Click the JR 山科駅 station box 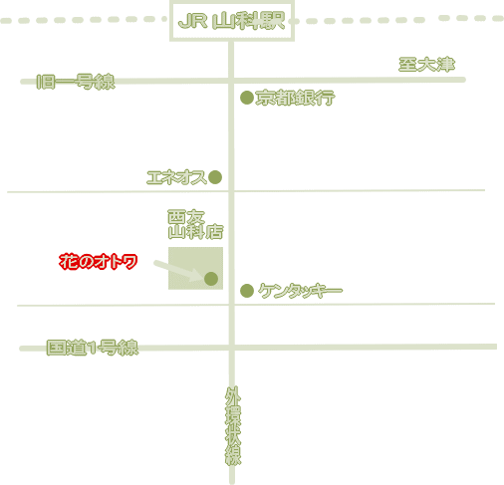point(232,21)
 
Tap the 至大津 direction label point(426,65)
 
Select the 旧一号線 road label point(76,82)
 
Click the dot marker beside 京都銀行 point(247,98)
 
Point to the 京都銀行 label point(295,98)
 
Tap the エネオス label point(176,177)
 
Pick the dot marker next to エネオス point(215,177)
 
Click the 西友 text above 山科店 point(186,217)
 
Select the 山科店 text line point(195,232)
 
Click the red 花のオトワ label point(99,262)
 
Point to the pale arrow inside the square point(178,271)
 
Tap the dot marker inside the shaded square point(211,279)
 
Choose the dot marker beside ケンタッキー point(247,291)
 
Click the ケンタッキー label point(301,291)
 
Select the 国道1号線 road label point(93,348)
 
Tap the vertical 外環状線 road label point(233,425)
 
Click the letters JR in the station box point(192,22)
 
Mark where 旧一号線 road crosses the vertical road point(231,81)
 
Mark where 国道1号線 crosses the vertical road point(232,348)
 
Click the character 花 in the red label point(68,262)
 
